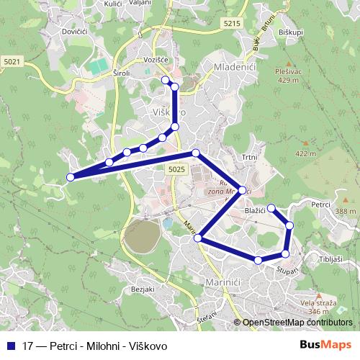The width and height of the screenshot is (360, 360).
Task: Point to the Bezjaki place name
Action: click(143, 289)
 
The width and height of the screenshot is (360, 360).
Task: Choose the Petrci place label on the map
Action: click(320, 205)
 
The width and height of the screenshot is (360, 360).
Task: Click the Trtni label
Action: click(249, 156)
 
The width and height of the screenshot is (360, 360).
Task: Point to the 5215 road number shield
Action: click(231, 24)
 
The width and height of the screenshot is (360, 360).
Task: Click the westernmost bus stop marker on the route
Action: click(71, 177)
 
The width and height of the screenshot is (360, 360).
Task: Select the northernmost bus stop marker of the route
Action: click(166, 79)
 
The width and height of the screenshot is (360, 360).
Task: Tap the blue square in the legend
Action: click(11, 346)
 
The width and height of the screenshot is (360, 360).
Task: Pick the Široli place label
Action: click(121, 73)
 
